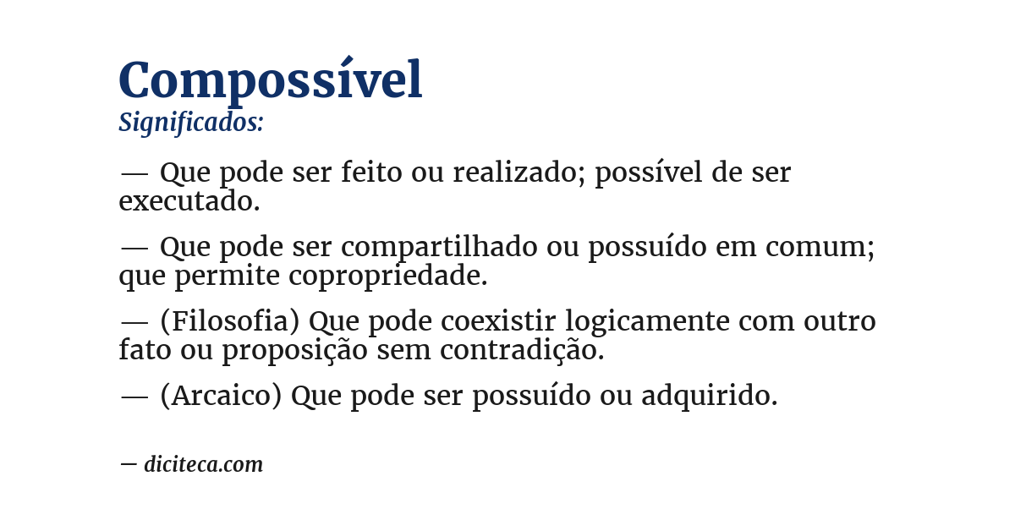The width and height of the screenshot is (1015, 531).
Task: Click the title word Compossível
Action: (270, 81)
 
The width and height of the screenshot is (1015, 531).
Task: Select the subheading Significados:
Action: (191, 123)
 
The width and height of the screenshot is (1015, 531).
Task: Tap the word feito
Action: (372, 173)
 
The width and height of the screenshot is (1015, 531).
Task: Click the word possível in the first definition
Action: (649, 173)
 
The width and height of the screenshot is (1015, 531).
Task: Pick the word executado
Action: (189, 201)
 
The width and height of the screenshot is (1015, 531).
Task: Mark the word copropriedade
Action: (388, 276)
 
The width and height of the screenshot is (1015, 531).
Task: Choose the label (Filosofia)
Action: (230, 322)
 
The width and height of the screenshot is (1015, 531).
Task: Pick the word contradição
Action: (522, 350)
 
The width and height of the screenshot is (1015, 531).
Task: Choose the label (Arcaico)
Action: (221, 396)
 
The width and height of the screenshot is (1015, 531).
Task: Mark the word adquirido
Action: (709, 396)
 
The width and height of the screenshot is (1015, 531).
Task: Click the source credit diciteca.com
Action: (203, 464)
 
